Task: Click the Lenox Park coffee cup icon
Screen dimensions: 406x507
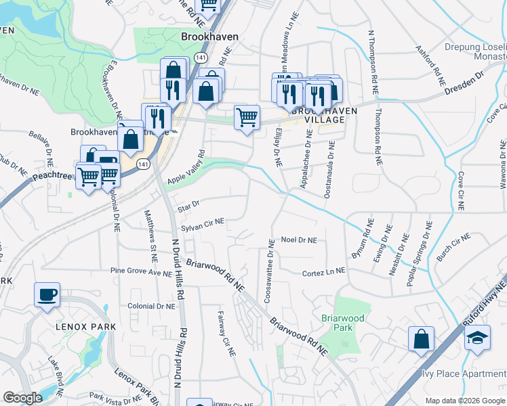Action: [x=47, y=295]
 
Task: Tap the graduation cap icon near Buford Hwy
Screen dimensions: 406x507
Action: [x=477, y=337]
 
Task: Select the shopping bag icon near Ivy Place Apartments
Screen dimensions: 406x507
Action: [x=421, y=339]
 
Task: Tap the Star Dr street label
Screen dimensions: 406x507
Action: [x=188, y=203]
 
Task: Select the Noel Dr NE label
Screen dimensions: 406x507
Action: [x=299, y=240]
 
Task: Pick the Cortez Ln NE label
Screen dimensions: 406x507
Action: [x=323, y=270]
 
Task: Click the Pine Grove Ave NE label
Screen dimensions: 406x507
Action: [x=142, y=272]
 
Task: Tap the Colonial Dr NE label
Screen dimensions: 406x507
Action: [x=151, y=306]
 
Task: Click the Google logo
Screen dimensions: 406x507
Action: [x=22, y=398]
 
